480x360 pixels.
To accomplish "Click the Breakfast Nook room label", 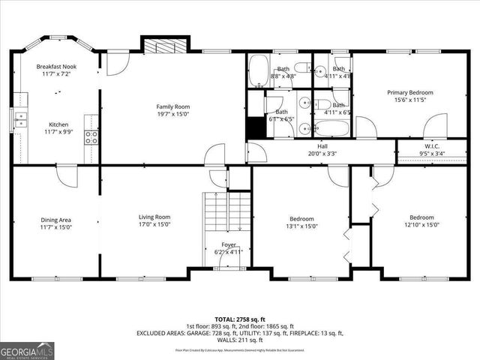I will [x=56, y=67].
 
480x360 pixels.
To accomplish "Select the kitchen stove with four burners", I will [x=91, y=136].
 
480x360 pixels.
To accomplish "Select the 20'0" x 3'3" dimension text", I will [x=322, y=154].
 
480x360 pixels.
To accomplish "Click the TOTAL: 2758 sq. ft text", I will [x=240, y=319].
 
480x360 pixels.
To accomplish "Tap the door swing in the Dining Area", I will [x=67, y=175].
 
